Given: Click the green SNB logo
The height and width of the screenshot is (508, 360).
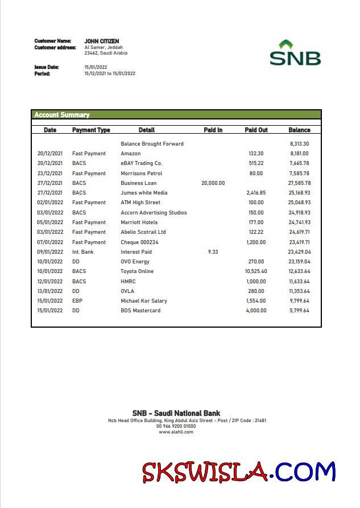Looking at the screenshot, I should click(295, 53).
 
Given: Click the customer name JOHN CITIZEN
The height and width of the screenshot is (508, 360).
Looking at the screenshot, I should click(102, 41).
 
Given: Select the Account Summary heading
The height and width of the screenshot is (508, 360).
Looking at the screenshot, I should click(62, 115).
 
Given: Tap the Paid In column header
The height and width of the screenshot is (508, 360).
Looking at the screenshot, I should click(213, 130).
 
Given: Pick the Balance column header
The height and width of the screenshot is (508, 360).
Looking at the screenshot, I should click(299, 130).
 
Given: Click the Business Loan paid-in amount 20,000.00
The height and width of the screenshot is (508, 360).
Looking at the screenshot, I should click(213, 183).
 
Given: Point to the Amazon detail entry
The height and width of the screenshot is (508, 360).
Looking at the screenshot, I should click(131, 154).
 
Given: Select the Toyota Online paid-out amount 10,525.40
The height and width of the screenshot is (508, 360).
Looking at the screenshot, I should click(256, 271).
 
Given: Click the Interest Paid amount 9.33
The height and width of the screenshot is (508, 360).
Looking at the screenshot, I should click(213, 252).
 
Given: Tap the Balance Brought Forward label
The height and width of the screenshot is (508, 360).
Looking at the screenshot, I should click(152, 144).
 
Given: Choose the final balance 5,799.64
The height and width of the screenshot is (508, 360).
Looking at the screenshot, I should click(299, 311).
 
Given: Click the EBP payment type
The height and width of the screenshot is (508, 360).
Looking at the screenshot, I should click(77, 301).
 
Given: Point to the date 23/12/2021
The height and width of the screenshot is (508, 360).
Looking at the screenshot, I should click(50, 174).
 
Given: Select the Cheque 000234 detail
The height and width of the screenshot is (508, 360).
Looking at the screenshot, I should click(139, 242).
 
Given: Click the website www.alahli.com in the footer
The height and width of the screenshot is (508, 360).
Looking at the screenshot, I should click(176, 432).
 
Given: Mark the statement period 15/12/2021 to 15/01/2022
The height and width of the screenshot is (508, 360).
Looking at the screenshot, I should click(110, 73).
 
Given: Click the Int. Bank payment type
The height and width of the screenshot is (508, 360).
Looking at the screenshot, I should click(83, 252).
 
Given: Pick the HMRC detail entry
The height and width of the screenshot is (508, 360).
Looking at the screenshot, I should click(128, 282).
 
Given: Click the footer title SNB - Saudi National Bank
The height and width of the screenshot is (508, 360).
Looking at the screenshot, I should click(176, 413).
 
